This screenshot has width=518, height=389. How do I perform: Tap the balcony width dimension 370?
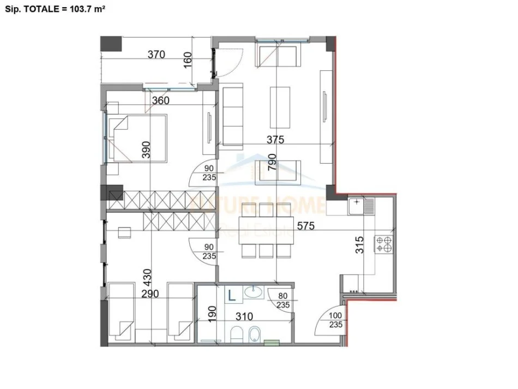tap(156, 54)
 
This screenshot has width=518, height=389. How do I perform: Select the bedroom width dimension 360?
tap(160, 100)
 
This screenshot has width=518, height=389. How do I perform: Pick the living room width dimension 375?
tap(275, 140)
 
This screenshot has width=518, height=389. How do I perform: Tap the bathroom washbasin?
tap(252, 293)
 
